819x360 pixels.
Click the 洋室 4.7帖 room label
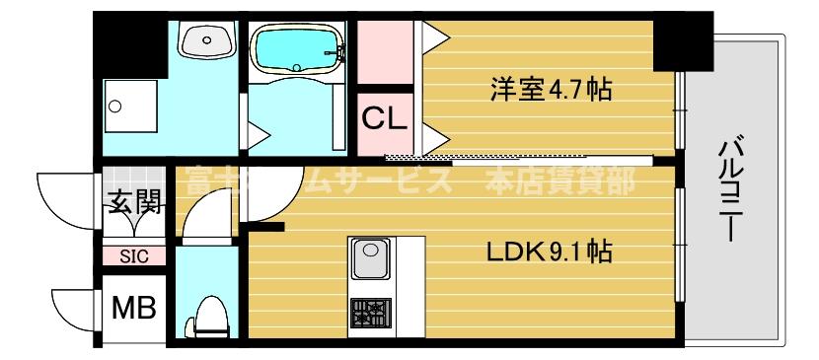[x=551, y=92]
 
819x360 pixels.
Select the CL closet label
[x=383, y=119]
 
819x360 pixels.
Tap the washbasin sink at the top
[x=206, y=41]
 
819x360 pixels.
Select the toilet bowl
[x=210, y=316]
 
